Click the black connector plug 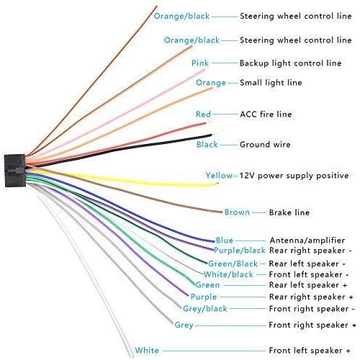[15, 171]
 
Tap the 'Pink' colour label [200, 63]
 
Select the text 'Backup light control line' [290, 63]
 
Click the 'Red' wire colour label [203, 114]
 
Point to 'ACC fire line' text [266, 114]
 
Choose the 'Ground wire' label [265, 145]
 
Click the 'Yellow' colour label [219, 176]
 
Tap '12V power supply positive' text [294, 176]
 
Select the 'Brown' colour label [237, 212]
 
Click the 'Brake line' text [289, 212]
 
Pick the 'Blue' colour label [224, 240]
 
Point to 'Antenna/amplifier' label [307, 240]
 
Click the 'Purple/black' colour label [239, 251]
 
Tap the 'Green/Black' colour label [233, 264]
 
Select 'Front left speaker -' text [309, 274]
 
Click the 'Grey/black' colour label [204, 309]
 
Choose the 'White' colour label [147, 350]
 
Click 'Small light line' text [271, 83]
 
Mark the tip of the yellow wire [218, 184]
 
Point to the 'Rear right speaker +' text [311, 297]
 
